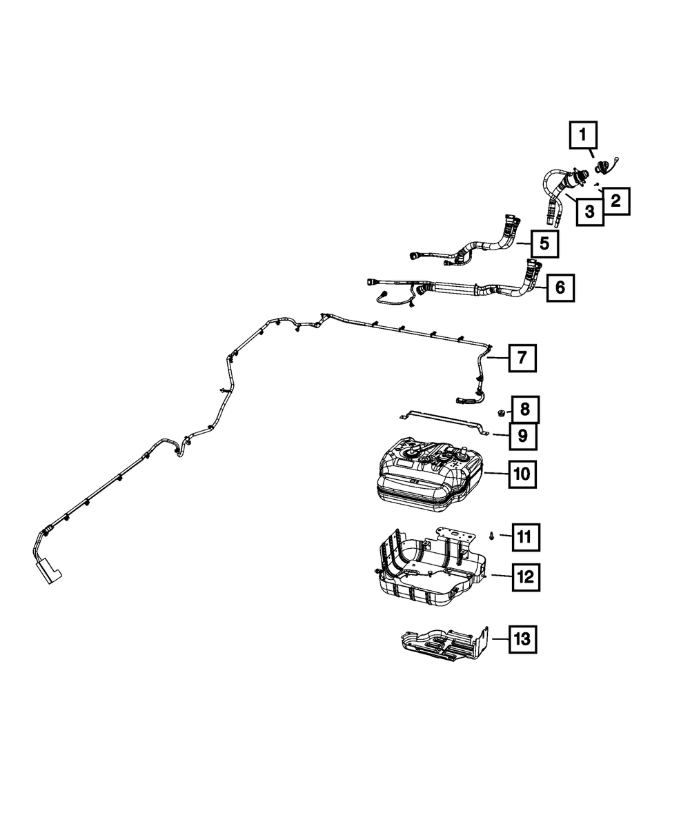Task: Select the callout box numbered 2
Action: [x=615, y=201]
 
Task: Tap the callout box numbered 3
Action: [x=590, y=211]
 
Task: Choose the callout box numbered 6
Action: [x=560, y=287]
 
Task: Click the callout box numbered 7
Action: [x=522, y=359]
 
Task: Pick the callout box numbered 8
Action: [x=525, y=410]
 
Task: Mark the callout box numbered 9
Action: [x=523, y=436]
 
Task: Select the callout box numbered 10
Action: [x=524, y=474]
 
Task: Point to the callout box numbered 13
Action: [x=522, y=639]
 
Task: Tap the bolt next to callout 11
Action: [x=490, y=535]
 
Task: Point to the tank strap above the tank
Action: [x=442, y=420]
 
